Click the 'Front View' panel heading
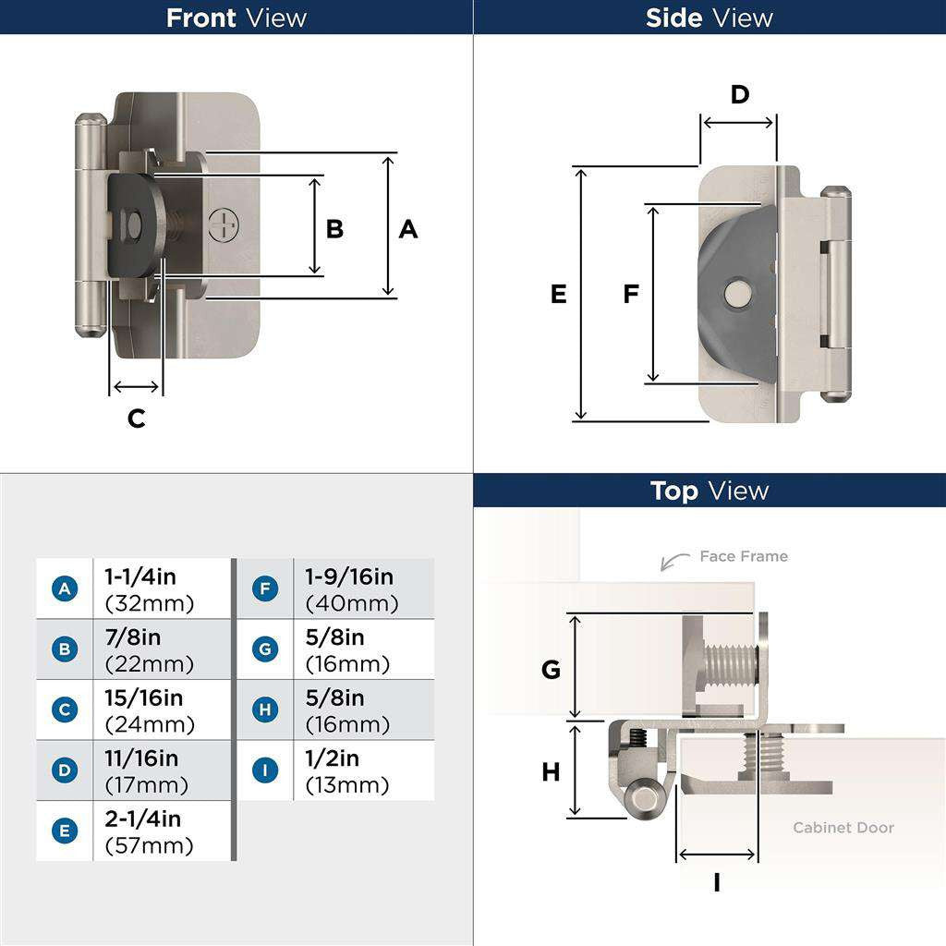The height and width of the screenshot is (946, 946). point(236,18)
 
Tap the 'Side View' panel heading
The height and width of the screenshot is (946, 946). point(709,18)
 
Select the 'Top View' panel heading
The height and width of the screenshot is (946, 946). point(709,491)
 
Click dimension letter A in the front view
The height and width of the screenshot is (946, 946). point(407,229)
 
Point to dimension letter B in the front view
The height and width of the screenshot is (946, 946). point(334,229)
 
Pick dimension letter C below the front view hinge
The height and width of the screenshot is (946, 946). point(136,418)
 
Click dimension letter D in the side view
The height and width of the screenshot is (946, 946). point(739,94)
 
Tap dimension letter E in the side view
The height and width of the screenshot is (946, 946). point(558,294)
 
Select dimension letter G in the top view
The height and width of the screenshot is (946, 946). point(551,670)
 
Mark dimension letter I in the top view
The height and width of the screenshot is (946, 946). point(717,883)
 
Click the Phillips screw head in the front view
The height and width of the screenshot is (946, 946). point(224,224)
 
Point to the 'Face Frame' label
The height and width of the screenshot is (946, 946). point(743,556)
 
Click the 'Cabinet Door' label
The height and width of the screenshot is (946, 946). point(843,827)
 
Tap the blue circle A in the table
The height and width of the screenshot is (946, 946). point(64,589)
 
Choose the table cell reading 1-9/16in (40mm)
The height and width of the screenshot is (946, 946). point(362,589)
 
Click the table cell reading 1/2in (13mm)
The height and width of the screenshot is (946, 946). point(362,771)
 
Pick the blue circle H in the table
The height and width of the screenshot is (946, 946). point(265,709)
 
